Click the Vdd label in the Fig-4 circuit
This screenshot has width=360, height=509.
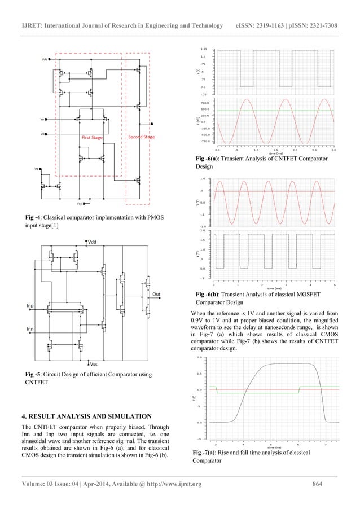click(45, 59)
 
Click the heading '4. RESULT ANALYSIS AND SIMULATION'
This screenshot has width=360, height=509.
click(86, 416)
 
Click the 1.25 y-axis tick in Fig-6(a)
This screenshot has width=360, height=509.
click(204, 50)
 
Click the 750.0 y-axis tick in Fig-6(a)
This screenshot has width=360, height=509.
click(204, 103)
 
